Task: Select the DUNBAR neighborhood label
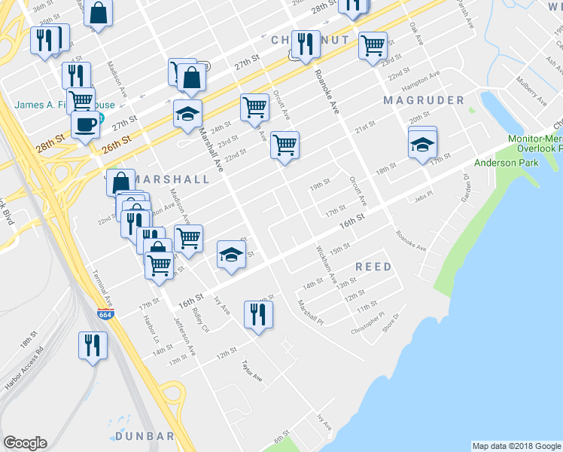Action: [x=146, y=436]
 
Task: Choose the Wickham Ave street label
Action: [x=327, y=263]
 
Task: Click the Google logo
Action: [x=25, y=443]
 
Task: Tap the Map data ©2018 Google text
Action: [x=516, y=446]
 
